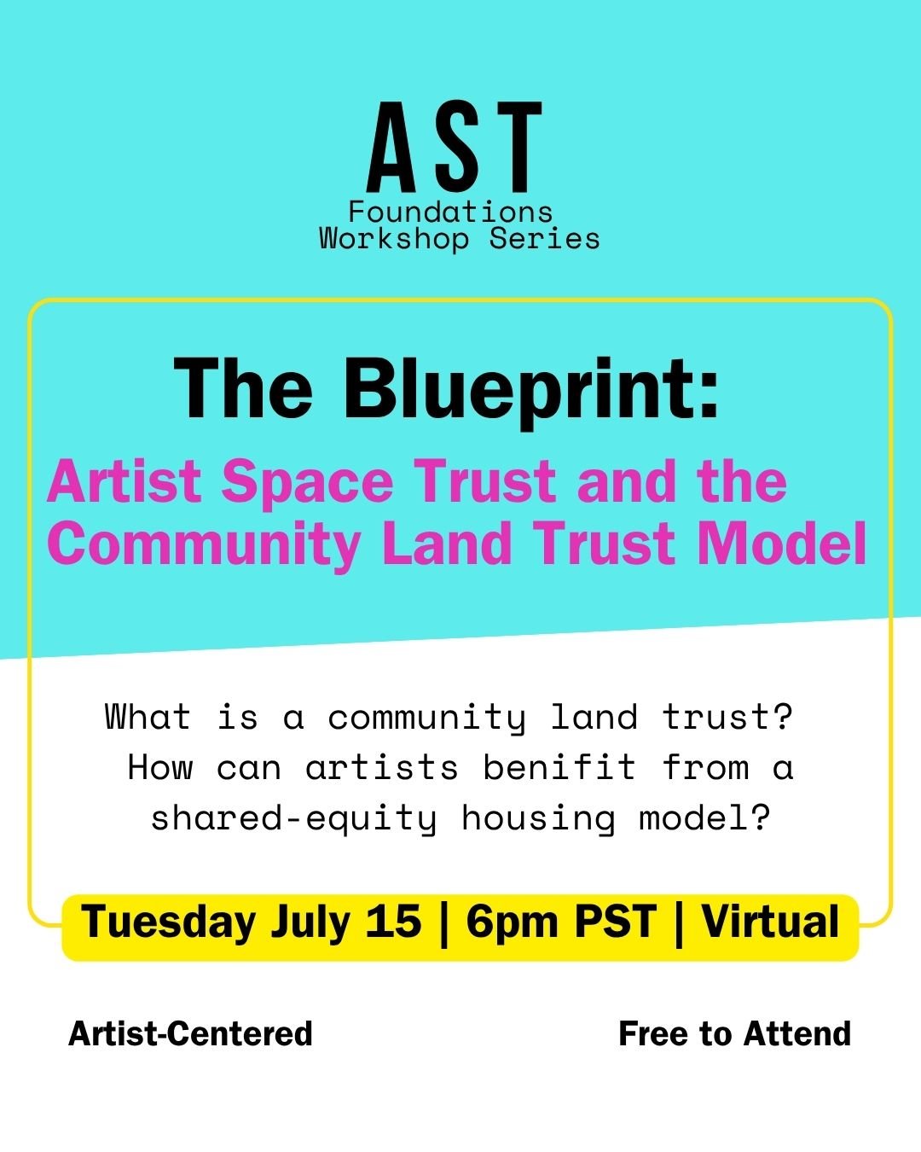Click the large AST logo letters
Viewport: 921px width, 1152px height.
click(x=455, y=148)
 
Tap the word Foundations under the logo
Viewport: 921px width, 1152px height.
click(x=450, y=212)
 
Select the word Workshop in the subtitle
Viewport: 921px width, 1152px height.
click(x=394, y=239)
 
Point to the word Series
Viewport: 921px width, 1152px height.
click(x=544, y=239)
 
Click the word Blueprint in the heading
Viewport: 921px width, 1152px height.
click(x=531, y=393)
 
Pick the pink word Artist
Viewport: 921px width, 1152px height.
click(x=125, y=482)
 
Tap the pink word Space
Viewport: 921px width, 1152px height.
click(x=308, y=484)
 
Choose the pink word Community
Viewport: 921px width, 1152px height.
click(x=203, y=545)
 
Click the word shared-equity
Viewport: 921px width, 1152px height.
click(x=294, y=819)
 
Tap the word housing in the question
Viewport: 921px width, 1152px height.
click(x=538, y=819)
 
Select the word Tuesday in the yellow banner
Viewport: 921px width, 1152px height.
click(x=169, y=922)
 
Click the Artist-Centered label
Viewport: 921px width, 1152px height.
click(x=190, y=1033)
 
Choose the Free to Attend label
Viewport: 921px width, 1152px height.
click(x=734, y=1033)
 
